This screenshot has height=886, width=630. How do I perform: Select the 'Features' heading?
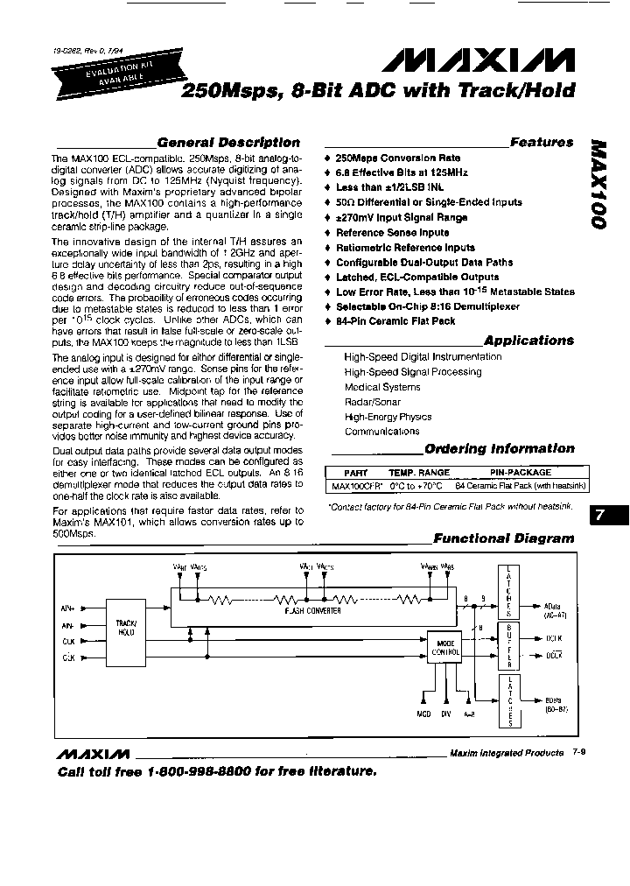coord(542,141)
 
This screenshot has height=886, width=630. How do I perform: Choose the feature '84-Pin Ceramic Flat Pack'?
coord(395,321)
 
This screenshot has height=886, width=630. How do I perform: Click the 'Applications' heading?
coord(528,341)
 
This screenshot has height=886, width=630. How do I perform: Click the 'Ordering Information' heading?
coord(500,449)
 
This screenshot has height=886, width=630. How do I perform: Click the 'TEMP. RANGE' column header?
coord(420,473)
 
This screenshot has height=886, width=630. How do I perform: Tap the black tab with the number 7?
coord(601,516)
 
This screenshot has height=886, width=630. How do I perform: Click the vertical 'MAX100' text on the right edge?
coord(598,183)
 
